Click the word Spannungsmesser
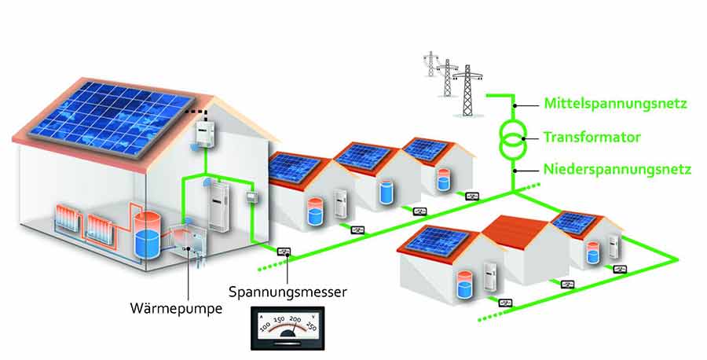pyautogui.click(x=288, y=292)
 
